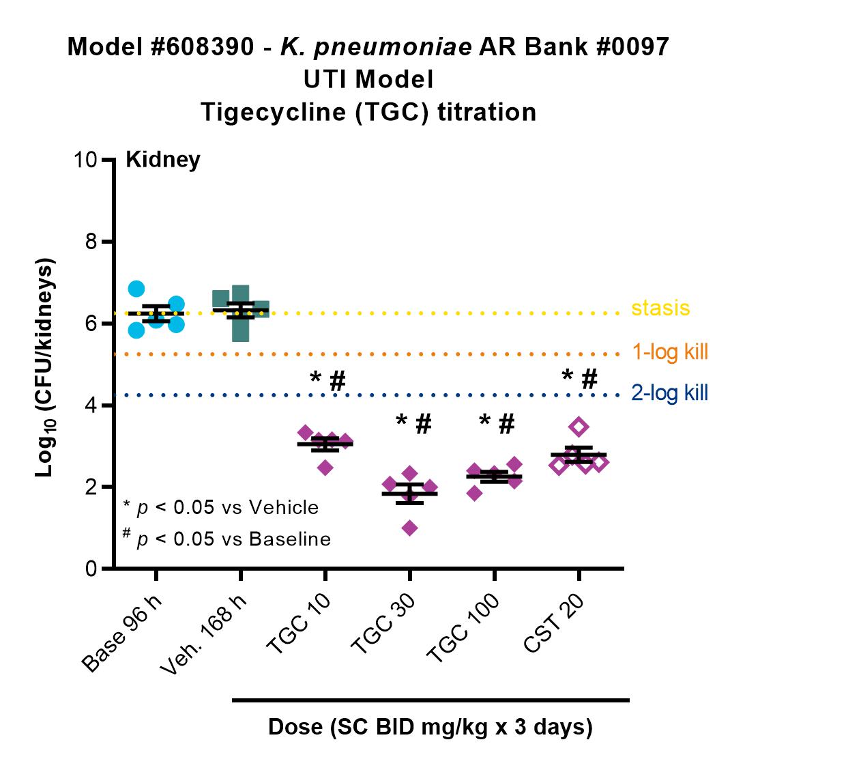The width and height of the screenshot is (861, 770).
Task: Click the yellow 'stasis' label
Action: pos(660,308)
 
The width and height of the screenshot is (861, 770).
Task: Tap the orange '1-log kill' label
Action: pos(670,352)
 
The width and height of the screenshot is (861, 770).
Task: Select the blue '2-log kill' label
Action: pos(670,393)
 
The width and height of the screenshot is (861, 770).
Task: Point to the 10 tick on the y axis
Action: pos(108,160)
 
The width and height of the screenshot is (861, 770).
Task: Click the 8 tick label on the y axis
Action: pos(91,242)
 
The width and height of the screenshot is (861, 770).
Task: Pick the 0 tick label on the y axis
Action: pos(91,568)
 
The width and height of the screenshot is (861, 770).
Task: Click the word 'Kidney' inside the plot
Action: pos(163,160)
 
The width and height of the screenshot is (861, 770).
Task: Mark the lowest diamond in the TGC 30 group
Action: pos(409,528)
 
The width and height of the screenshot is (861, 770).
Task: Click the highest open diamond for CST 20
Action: pos(579,427)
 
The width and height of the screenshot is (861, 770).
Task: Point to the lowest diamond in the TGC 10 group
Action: pos(325,468)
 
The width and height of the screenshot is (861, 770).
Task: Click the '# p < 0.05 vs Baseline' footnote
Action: pos(227,539)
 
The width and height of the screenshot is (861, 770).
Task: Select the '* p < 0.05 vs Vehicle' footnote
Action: pos(220,507)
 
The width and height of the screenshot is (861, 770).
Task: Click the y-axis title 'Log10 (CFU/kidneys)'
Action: pos(45,367)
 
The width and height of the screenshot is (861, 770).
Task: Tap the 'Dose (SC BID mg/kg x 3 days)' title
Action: pos(430,726)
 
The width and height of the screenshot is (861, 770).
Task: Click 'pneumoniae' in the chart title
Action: pos(393,48)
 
